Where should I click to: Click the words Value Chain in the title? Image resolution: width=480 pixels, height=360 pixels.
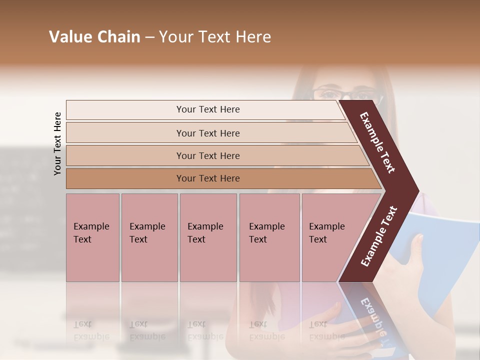point(94,37)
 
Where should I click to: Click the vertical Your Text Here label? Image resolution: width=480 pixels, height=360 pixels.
point(57,143)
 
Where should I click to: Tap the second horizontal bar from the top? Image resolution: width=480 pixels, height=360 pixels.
point(208,133)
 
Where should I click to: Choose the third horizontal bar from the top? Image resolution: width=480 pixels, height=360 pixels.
point(208,155)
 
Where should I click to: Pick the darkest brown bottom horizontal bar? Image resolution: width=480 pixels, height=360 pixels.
point(208,178)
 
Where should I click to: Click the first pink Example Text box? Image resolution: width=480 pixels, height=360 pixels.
point(92,237)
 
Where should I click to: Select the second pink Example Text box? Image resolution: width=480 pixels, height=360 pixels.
point(149,237)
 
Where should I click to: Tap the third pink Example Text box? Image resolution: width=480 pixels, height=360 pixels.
point(207,237)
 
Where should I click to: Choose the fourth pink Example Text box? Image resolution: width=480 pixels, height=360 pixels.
point(269,237)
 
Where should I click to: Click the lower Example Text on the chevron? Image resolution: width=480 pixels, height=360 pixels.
point(379,236)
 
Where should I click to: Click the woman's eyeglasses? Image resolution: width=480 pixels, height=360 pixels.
point(345,93)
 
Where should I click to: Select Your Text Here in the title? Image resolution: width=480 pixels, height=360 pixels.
point(215,37)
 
